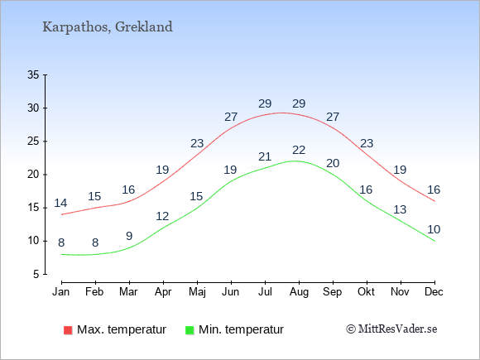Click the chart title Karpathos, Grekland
[108, 27]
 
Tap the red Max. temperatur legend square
[68, 330]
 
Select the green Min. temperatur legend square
[190, 330]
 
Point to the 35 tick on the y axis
[33, 74]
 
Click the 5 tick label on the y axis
[36, 274]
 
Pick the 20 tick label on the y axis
[33, 175]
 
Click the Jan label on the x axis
[61, 292]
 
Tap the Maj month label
[197, 292]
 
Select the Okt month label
[366, 292]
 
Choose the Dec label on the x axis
[434, 292]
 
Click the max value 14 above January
[60, 203]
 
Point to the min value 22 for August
[299, 150]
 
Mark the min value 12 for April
[162, 217]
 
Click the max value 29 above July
[265, 103]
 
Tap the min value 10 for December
[434, 229]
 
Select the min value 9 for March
[129, 236]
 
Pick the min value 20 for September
[333, 163]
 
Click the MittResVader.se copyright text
[391, 329]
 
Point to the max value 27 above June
[231, 117]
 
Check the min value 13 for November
[400, 209]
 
